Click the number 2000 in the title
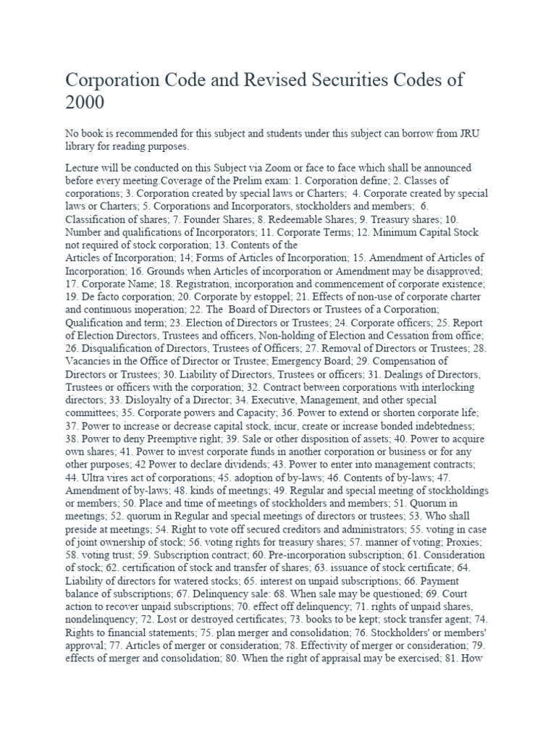tap(85, 103)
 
